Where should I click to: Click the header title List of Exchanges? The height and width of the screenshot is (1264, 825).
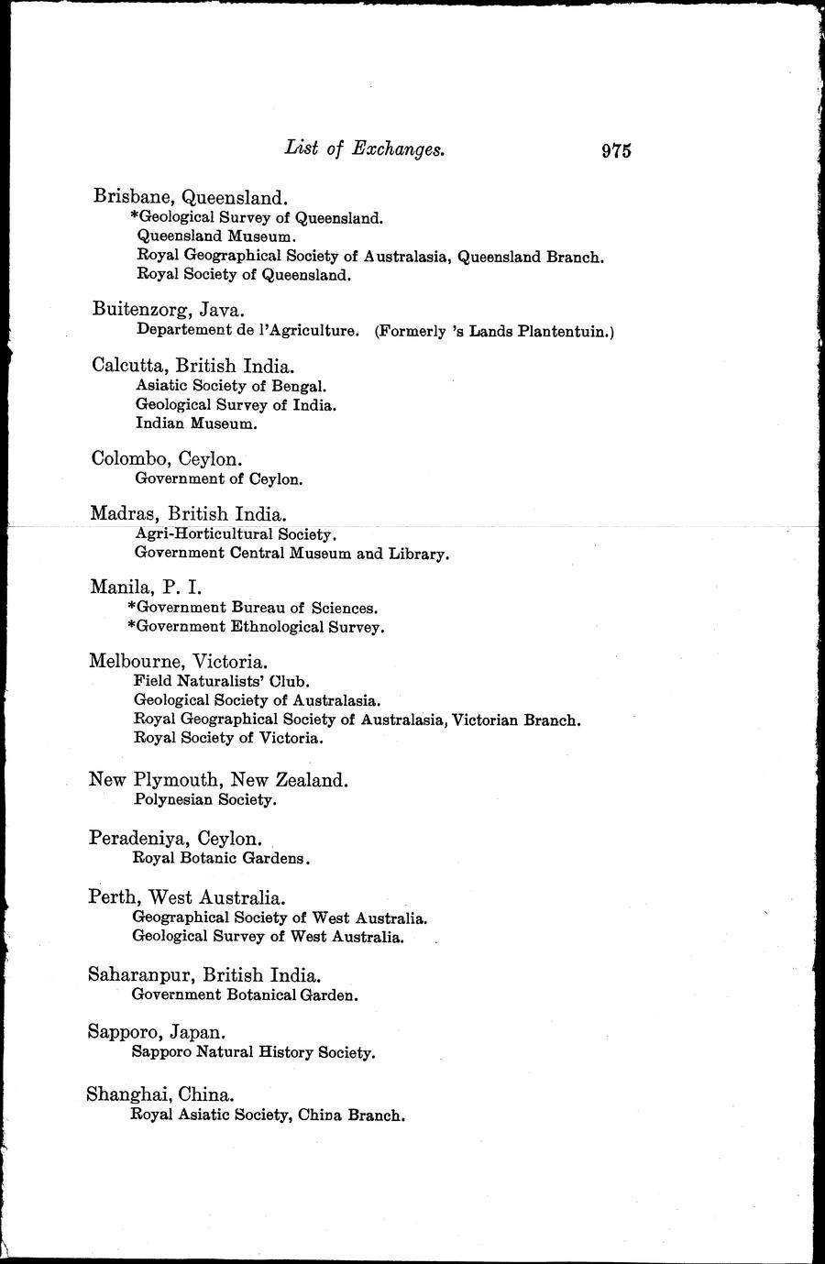(x=365, y=148)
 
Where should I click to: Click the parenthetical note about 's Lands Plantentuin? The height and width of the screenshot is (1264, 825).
(x=494, y=331)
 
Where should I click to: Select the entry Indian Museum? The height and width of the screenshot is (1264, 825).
(x=195, y=423)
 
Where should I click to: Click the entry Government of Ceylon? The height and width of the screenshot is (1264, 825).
(x=219, y=478)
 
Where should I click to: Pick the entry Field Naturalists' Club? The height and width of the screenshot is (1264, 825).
(x=222, y=681)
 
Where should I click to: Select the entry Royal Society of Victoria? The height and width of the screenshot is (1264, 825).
(x=228, y=737)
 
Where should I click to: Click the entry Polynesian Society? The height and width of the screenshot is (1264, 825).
(x=204, y=799)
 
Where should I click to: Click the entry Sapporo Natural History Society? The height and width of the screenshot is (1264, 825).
(x=254, y=1052)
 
